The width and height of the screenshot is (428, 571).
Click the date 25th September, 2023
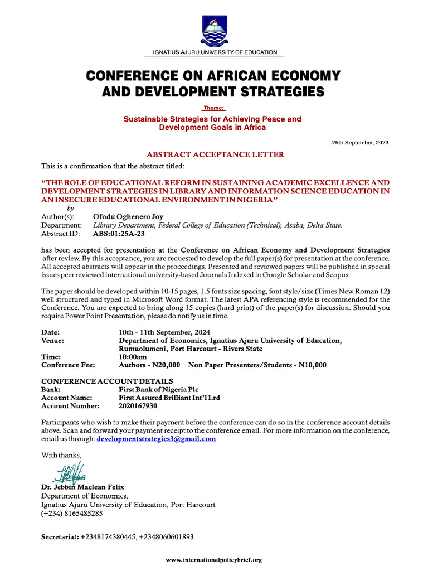[360, 143]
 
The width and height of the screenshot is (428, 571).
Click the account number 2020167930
[138, 406]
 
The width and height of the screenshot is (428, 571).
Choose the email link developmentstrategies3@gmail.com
[156, 439]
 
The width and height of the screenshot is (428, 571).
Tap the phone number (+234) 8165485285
[72, 513]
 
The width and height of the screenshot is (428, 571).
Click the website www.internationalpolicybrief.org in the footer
[214, 559]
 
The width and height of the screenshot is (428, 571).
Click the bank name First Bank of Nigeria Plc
[159, 389]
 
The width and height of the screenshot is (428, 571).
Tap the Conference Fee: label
[68, 365]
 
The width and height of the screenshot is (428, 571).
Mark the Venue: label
[52, 341]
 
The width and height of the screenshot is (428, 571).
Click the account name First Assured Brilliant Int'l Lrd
[169, 398]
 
